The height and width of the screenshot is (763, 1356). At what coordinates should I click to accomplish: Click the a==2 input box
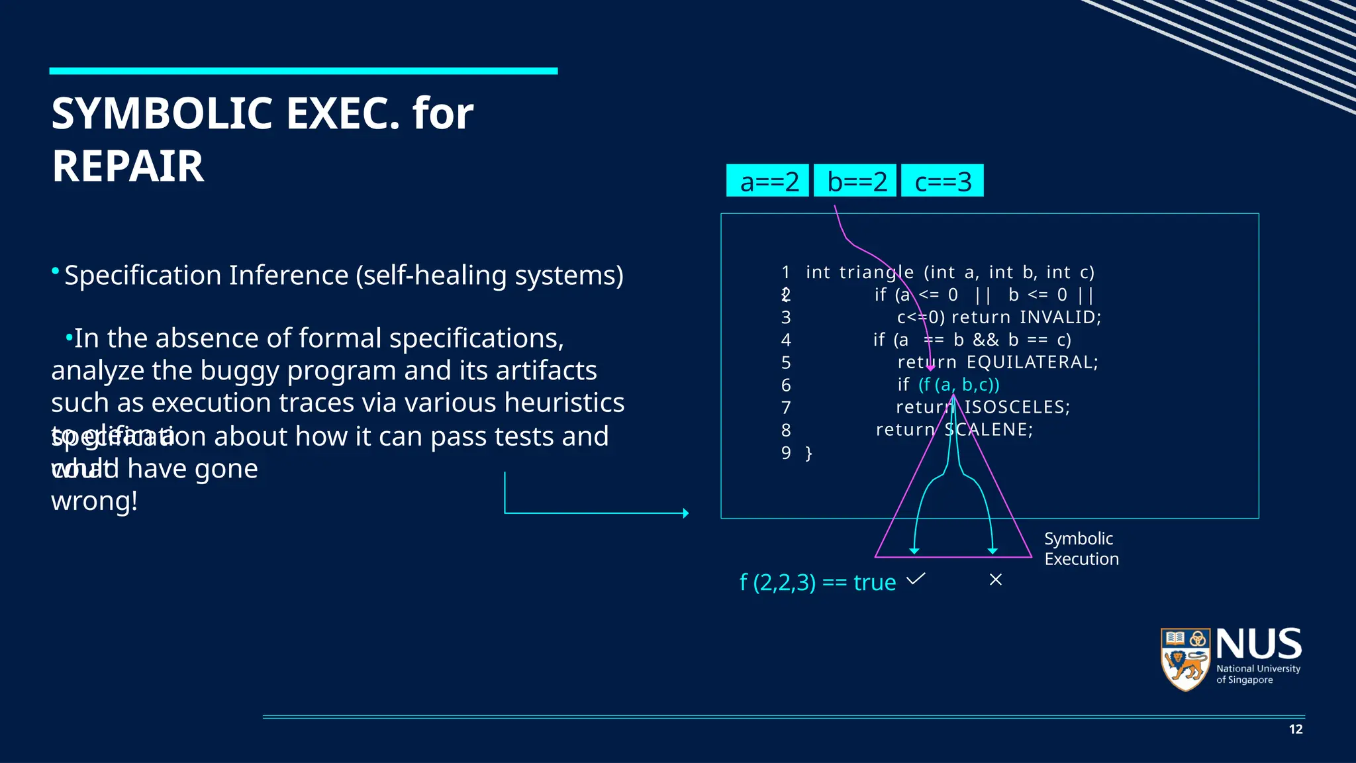(768, 181)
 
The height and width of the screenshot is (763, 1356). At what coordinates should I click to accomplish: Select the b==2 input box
(855, 181)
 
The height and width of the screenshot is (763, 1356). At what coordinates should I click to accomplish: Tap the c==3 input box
(942, 181)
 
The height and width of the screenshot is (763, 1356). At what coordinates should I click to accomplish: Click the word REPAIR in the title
(128, 166)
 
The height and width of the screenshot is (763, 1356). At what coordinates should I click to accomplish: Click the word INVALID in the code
(1060, 317)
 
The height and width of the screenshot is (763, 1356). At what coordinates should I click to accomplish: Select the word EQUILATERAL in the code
(1032, 362)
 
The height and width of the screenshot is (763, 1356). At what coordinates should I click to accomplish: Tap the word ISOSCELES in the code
(1017, 407)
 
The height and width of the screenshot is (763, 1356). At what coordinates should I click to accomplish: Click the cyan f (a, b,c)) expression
(959, 385)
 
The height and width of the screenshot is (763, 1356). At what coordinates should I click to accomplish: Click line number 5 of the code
(786, 363)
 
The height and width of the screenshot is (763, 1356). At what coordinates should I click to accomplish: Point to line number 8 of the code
(786, 431)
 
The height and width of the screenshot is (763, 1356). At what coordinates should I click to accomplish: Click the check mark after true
(916, 579)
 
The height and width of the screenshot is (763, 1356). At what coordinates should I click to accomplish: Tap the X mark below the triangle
(995, 580)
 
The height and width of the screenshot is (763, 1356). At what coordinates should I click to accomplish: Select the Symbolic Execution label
(1081, 548)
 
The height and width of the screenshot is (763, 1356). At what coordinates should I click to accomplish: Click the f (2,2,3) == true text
(817, 583)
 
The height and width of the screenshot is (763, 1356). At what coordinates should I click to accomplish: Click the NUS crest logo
(1186, 659)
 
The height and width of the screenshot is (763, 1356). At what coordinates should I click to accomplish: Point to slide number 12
(1296, 729)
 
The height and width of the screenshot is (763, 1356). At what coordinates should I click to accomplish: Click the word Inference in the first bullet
(288, 276)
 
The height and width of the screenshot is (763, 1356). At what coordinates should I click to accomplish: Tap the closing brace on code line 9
(808, 454)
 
